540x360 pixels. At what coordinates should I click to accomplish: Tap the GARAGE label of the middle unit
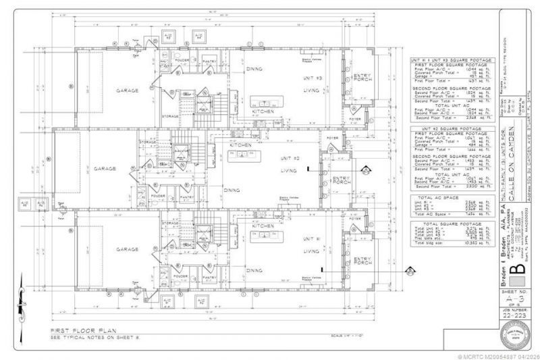coord(106,168)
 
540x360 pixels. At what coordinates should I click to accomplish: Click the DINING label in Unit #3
coord(254,68)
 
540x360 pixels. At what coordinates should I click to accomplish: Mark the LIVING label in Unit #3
coord(310,89)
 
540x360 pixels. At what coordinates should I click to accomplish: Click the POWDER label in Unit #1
coord(180,276)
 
